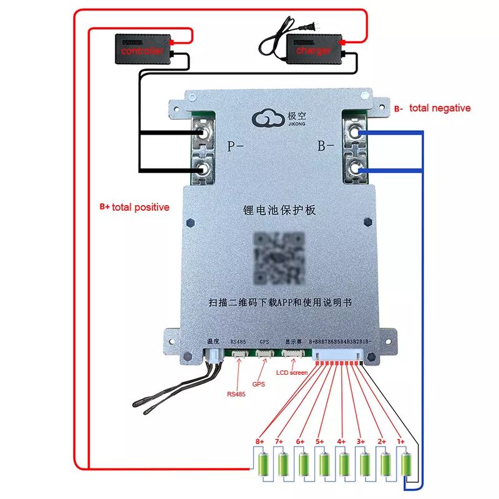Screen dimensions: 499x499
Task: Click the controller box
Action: pos(143,48)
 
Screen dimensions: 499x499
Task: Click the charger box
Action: pos(314,48)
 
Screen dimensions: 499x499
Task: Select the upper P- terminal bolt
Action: pos(203,133)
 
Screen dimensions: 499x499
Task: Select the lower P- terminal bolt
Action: pos(203,169)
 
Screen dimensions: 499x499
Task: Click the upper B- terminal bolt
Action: pos(355,132)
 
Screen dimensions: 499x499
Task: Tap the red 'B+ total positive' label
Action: pos(135,207)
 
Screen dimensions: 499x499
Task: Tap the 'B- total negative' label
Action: pos(432,109)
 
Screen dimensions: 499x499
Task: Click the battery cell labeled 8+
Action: pos(263,465)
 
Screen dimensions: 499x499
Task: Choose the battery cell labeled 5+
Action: pos(324,465)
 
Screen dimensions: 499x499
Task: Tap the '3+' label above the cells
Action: pos(361,442)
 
